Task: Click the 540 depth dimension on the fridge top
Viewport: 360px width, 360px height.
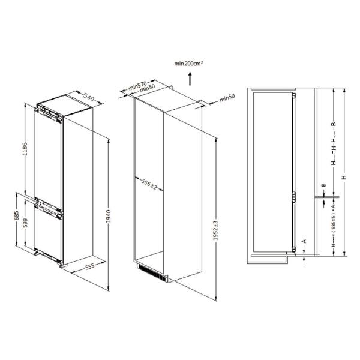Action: pyautogui.click(x=89, y=97)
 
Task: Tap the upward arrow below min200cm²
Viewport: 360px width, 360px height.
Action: pyautogui.click(x=190, y=77)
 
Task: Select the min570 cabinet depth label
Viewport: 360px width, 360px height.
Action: pyautogui.click(x=137, y=86)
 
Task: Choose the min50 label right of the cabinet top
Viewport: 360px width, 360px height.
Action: pyautogui.click(x=226, y=97)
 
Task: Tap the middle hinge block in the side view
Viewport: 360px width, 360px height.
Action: pyautogui.click(x=294, y=197)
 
